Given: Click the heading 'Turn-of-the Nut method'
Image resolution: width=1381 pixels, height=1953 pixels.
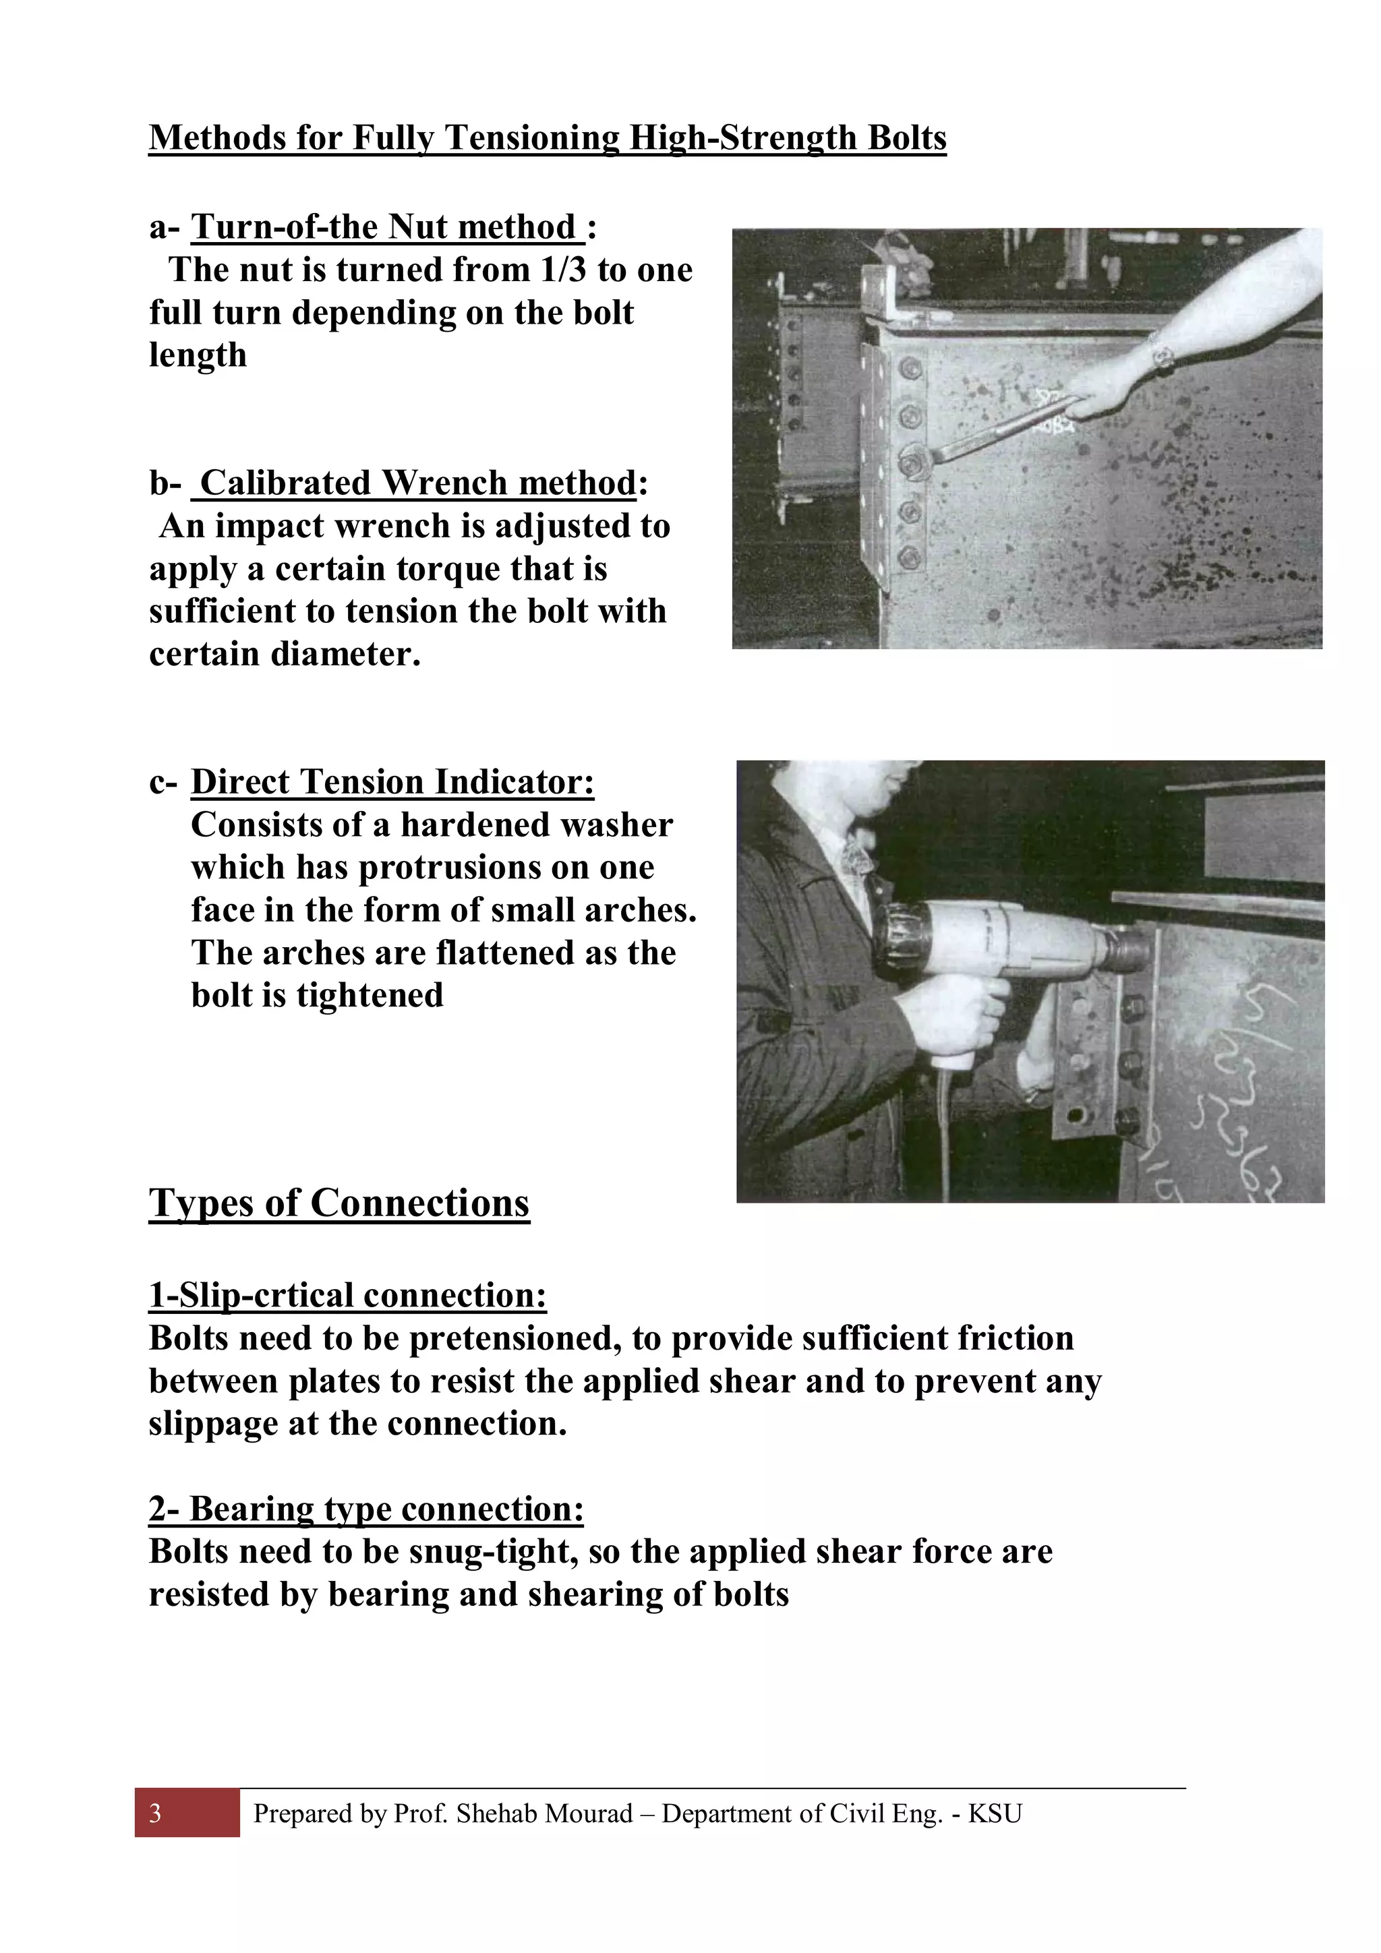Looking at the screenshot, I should click(386, 228).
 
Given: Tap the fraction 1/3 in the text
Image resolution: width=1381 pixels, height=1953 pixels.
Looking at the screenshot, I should click(562, 270).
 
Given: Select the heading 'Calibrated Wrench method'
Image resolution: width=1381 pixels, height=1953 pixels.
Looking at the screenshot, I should click(416, 484).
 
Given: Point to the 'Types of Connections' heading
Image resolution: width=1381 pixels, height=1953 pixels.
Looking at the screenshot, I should click(339, 1203).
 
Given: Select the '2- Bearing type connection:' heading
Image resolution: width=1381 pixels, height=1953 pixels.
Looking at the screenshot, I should click(366, 1509).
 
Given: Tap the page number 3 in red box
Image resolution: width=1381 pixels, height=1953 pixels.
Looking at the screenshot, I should click(156, 1813).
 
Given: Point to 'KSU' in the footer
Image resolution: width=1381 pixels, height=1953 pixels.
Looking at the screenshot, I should click(995, 1813).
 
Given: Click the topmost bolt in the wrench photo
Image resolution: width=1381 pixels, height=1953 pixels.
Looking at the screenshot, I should click(909, 368).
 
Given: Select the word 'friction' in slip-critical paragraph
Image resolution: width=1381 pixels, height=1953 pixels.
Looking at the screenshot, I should click(1014, 1339).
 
